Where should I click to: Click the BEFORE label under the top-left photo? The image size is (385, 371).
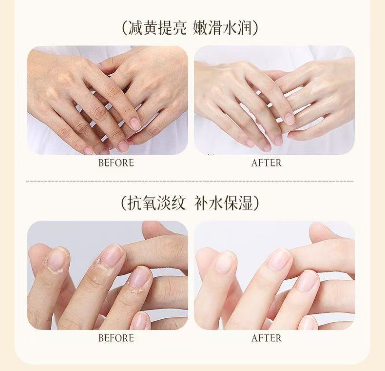click(x=116, y=163)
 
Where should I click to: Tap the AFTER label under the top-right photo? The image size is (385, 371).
click(x=267, y=163)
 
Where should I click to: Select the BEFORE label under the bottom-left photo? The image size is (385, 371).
click(x=116, y=338)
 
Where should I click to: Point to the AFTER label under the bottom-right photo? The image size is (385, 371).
click(x=267, y=338)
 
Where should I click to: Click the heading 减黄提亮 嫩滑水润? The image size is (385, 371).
click(x=190, y=28)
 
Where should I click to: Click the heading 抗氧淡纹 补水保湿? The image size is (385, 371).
click(x=190, y=203)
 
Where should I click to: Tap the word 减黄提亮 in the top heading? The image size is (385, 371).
click(x=157, y=28)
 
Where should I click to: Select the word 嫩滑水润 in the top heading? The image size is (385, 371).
click(x=223, y=28)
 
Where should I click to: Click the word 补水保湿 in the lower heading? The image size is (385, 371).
click(x=223, y=203)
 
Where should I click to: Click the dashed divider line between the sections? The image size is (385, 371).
click(x=190, y=181)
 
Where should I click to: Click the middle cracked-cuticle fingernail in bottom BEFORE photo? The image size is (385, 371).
click(x=112, y=256)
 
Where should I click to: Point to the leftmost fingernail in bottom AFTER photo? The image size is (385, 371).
click(x=225, y=262)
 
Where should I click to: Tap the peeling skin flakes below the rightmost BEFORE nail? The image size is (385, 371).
click(x=135, y=290)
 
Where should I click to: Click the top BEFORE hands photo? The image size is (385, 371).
click(x=108, y=100)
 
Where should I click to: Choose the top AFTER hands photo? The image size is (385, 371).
click(x=274, y=100)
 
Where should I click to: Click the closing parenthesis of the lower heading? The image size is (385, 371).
click(x=256, y=204)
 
